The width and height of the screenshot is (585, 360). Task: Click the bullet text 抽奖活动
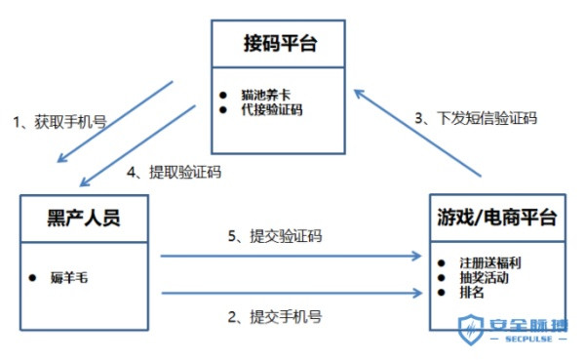pyautogui.click(x=486, y=277)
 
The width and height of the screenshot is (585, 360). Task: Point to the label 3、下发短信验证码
pyautogui.click(x=475, y=118)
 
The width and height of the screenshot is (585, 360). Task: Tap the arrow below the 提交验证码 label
pyautogui.click(x=289, y=256)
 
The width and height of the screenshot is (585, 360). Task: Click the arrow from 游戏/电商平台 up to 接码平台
pyautogui.click(x=419, y=132)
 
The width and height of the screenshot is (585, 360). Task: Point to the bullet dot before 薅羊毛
pyautogui.click(x=32, y=276)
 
